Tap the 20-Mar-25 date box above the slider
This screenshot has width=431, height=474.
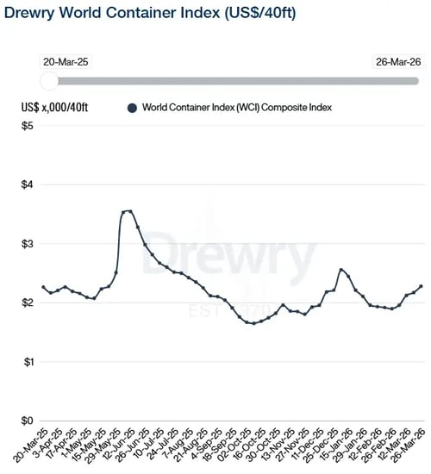(x=62, y=61)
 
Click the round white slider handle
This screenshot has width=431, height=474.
(x=49, y=80)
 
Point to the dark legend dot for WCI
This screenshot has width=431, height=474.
(x=132, y=108)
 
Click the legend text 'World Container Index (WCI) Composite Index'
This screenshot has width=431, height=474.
(x=237, y=108)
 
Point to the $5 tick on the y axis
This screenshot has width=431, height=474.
(x=28, y=126)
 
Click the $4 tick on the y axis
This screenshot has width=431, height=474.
(x=28, y=184)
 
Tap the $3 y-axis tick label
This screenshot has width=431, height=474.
(x=28, y=244)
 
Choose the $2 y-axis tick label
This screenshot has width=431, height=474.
(x=28, y=302)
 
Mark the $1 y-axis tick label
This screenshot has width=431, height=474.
(x=28, y=361)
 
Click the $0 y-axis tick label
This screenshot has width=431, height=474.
(x=28, y=421)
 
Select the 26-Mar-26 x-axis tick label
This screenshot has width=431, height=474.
(x=411, y=445)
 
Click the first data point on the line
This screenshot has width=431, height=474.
(x=44, y=287)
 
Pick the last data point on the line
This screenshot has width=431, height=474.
(x=421, y=286)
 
